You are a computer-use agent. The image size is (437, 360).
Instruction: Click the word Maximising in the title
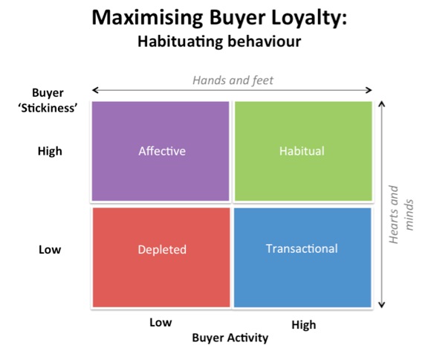pos(147,17)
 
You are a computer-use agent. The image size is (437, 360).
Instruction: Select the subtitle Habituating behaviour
pos(219,42)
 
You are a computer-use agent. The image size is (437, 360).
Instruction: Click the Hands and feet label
pos(233,80)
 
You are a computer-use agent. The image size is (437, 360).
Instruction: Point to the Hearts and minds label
pos(401,214)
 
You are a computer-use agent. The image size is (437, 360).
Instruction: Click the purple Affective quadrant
pos(161,151)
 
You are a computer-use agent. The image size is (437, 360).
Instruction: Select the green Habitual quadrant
pos(303,151)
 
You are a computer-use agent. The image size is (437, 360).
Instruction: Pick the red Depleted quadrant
pos(161,257)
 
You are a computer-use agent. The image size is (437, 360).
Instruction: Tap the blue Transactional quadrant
pos(302,257)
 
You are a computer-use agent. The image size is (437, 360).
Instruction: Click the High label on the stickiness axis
pos(50,151)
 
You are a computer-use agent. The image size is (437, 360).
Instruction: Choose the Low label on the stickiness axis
pos(50,250)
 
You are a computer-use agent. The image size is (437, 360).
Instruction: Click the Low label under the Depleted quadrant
pos(161,322)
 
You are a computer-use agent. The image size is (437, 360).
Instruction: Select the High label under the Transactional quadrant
pos(304,325)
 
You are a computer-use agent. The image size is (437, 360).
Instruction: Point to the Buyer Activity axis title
pos(230,338)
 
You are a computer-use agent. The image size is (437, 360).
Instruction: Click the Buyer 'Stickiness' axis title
pos(48,100)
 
